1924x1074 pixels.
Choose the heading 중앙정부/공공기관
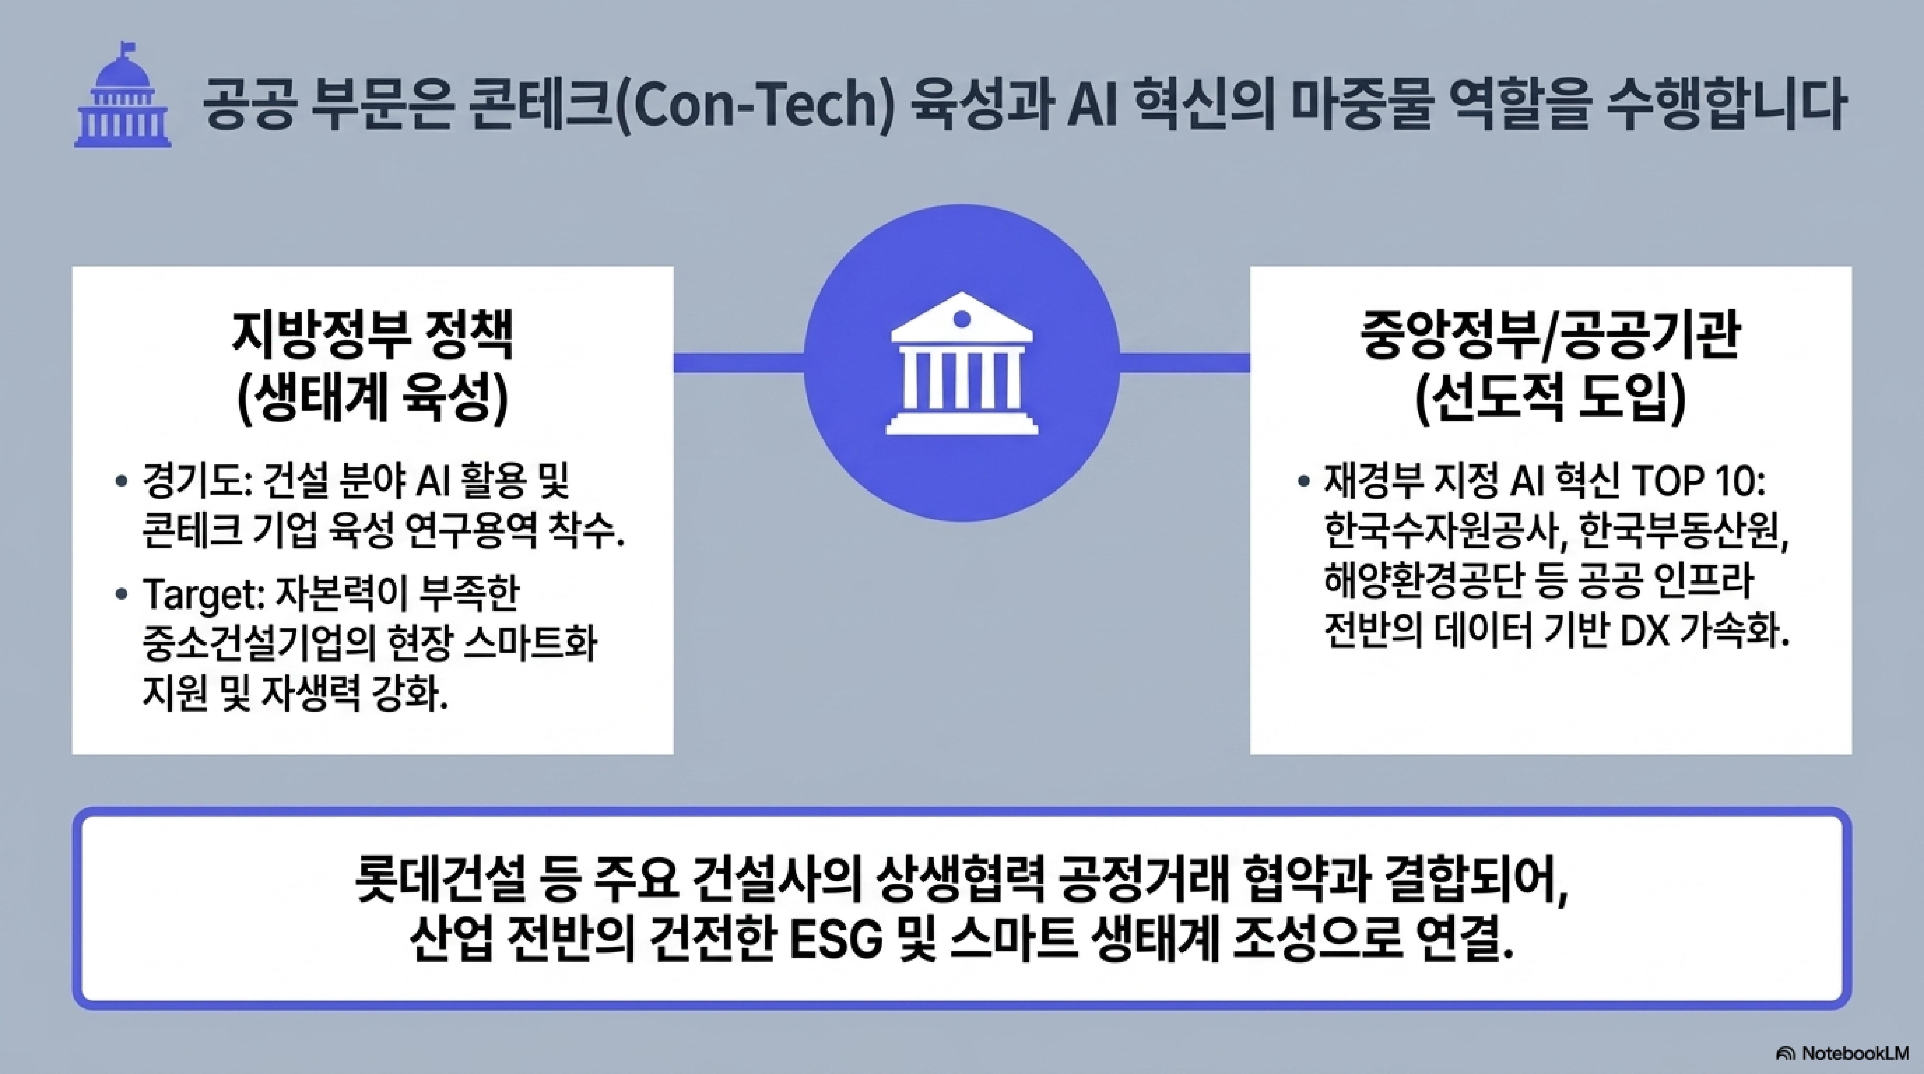pyautogui.click(x=1550, y=336)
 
